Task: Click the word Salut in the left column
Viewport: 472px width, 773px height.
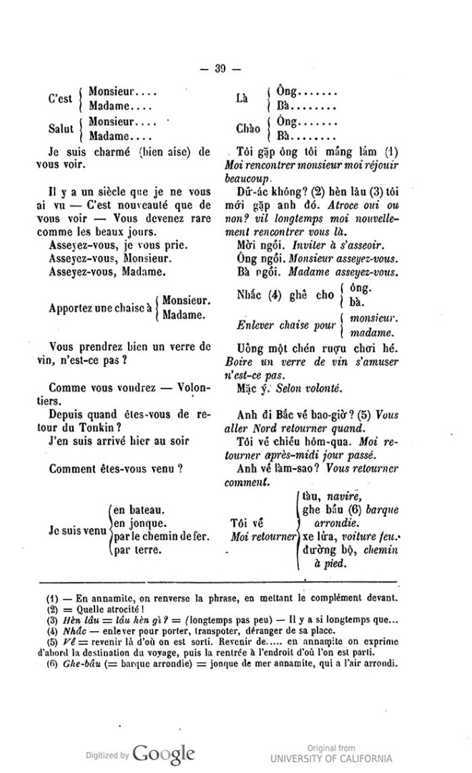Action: (62, 129)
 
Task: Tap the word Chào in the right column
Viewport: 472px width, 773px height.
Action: (249, 129)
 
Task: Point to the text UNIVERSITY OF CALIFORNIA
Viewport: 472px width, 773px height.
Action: (330, 758)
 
